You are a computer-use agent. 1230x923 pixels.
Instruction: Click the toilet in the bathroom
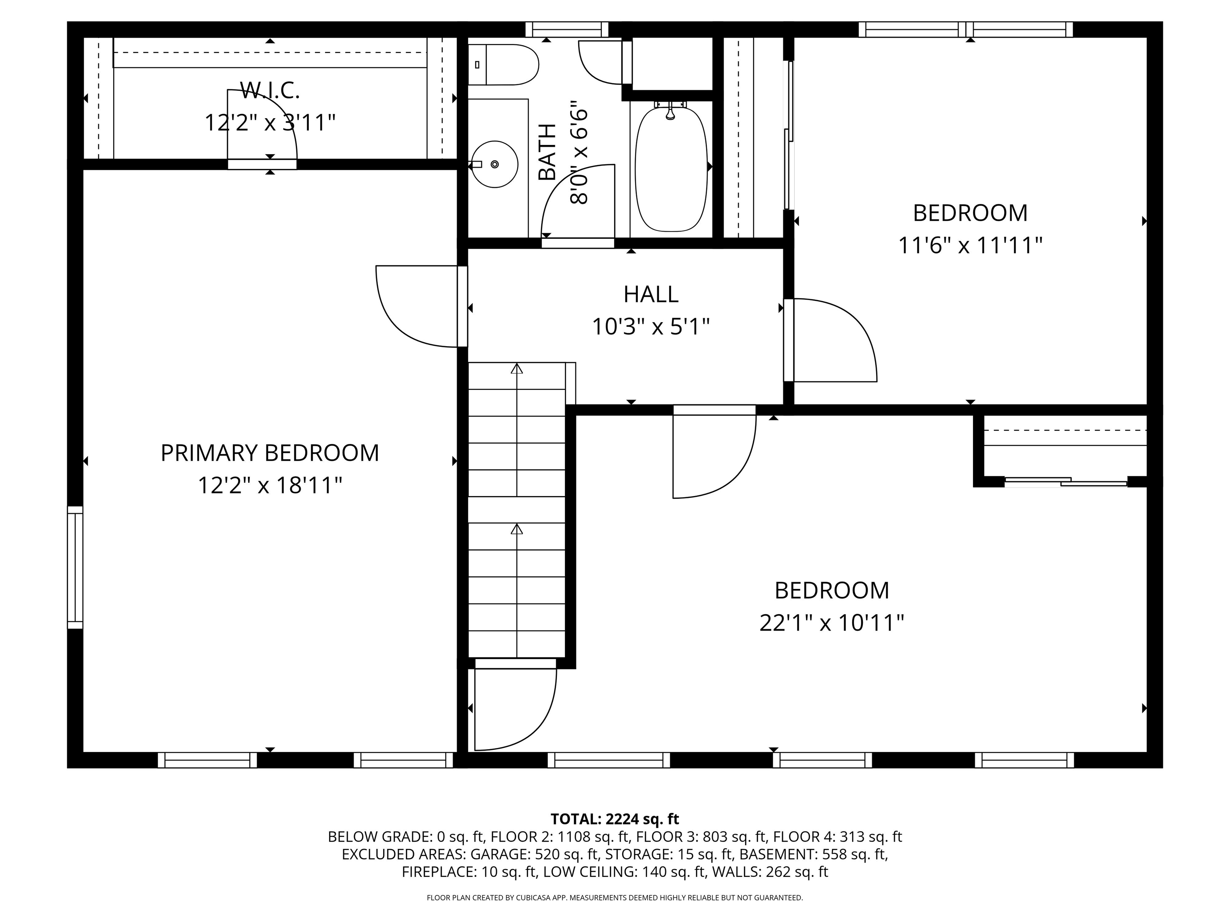click(504, 65)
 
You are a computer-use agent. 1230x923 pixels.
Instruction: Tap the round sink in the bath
click(494, 164)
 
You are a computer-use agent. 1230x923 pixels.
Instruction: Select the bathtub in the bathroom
click(671, 169)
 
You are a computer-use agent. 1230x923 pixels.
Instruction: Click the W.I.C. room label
click(270, 90)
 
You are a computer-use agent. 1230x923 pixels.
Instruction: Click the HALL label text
click(651, 294)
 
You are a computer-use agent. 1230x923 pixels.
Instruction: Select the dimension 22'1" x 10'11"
click(831, 623)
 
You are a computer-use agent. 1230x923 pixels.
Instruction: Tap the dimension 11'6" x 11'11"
click(970, 245)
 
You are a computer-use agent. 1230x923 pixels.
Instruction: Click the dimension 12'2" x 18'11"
click(270, 485)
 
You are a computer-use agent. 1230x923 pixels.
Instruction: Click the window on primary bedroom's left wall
click(75, 568)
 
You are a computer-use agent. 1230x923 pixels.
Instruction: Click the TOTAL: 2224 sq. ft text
click(615, 819)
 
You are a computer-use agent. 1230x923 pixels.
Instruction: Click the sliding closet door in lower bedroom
click(1065, 482)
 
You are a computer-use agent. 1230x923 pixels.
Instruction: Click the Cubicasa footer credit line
click(615, 897)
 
